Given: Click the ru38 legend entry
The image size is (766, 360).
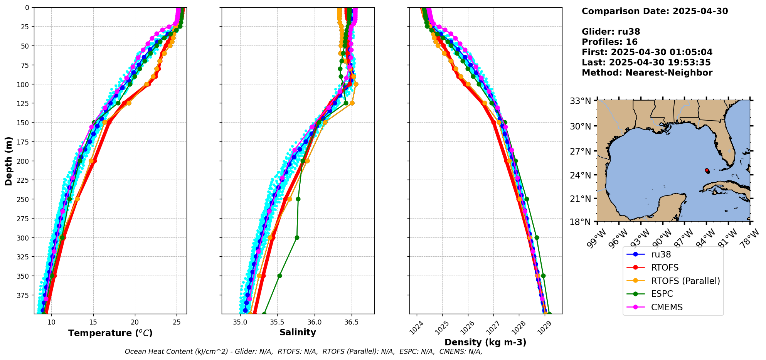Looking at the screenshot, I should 661,254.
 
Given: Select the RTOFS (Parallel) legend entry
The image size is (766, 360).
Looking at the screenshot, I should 685,281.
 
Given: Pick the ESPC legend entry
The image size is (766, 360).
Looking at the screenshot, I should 662,294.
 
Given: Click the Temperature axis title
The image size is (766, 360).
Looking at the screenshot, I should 110,333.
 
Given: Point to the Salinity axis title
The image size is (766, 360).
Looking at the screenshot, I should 298,332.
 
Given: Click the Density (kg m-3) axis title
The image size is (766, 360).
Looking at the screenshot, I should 485,342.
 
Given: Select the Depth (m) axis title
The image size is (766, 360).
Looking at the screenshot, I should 8,161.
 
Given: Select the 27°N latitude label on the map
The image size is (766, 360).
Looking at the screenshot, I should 581,151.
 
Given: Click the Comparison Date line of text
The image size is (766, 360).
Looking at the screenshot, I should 655,11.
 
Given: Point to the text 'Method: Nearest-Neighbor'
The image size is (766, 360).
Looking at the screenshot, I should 647,73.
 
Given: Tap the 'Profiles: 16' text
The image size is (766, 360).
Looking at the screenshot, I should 609,42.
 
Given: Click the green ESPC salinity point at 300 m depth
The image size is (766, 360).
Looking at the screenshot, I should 297,237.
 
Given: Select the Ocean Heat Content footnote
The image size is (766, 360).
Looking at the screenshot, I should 303,352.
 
